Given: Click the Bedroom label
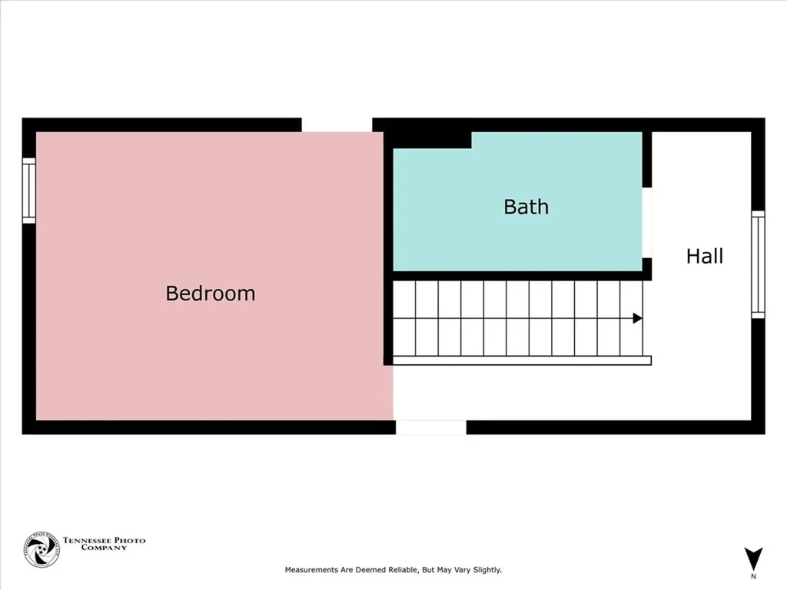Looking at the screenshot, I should [210, 293].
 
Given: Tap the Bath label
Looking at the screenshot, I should [526, 207].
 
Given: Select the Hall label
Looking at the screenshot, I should [704, 256].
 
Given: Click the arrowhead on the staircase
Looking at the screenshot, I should [637, 318].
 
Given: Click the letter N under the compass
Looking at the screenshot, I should [753, 576].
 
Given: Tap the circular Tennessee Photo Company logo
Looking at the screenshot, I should [42, 550].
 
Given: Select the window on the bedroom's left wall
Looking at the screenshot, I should [29, 191].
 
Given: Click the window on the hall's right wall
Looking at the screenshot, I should [758, 264].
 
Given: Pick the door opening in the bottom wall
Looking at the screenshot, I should [430, 428].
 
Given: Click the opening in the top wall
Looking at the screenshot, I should [337, 124].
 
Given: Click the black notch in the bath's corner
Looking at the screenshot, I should [431, 139].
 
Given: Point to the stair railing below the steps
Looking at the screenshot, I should [523, 360].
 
